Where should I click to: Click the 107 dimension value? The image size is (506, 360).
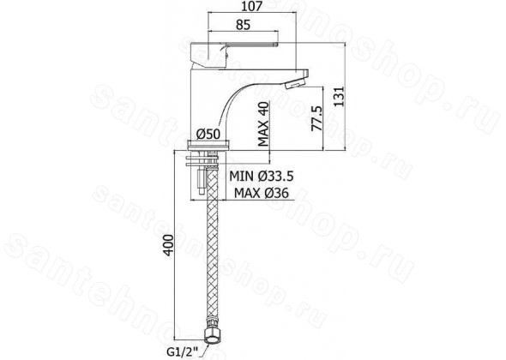[x=252, y=6]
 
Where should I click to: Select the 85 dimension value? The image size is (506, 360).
[x=243, y=25]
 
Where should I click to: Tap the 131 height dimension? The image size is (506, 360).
[x=339, y=97]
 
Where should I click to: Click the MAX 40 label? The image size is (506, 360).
[x=263, y=124]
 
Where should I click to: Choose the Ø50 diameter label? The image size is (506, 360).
[x=208, y=134]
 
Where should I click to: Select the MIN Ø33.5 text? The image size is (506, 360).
[x=261, y=177]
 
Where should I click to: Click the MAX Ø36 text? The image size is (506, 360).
[x=262, y=193]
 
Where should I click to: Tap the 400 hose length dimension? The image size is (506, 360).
[x=168, y=245]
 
